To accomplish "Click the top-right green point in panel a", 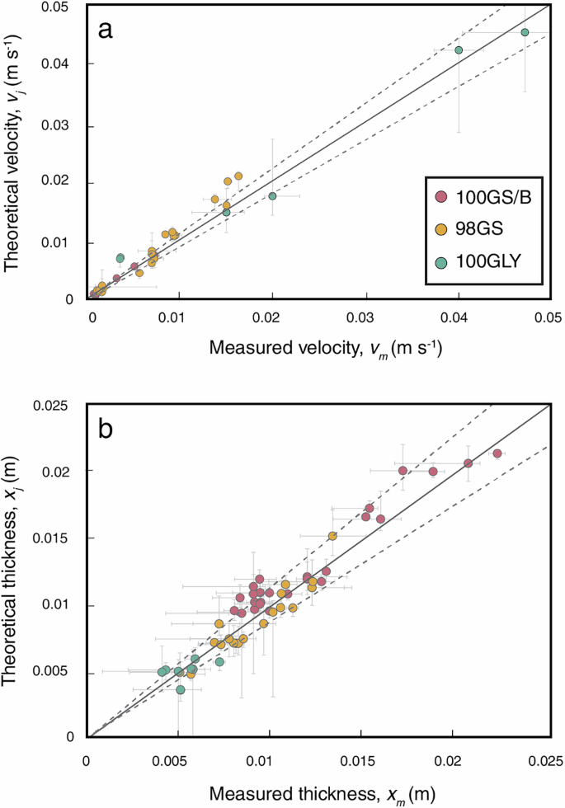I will click(x=525, y=32).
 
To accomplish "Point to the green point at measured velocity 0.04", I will click(x=459, y=50).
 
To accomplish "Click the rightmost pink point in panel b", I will click(x=497, y=453).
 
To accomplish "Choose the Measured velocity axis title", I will click(x=318, y=349).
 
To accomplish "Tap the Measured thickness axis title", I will click(x=317, y=792).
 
